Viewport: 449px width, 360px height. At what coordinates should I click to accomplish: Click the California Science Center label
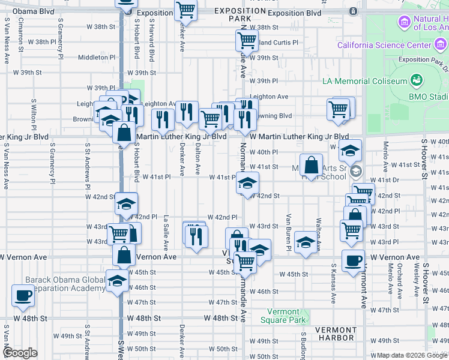pos(385,45)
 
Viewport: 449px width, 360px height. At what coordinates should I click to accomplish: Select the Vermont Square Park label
pos(280,316)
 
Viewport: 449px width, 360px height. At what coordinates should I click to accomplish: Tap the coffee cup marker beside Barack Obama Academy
pos(23,295)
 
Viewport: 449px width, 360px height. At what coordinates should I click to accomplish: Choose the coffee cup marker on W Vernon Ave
pos(353,260)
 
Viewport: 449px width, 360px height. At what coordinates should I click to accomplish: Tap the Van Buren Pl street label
pos(289,232)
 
